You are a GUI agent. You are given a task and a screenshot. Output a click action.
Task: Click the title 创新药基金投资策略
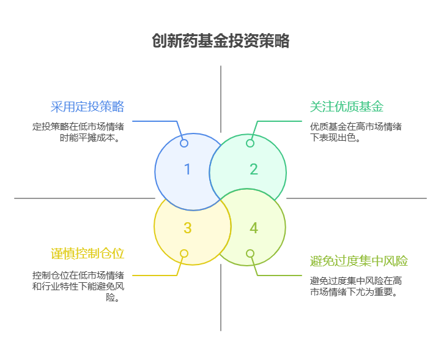220,41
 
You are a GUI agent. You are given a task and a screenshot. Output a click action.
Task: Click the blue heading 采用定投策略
87,107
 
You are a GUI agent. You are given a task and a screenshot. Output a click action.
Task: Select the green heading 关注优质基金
347,107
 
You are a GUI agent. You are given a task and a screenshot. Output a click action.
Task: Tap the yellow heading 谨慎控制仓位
87,253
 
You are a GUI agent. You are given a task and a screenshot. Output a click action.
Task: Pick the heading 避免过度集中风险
359,261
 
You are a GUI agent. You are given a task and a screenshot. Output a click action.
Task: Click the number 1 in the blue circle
187,169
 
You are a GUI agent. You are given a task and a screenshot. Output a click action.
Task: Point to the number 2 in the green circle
254,169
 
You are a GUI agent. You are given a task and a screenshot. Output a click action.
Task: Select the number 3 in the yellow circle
187,228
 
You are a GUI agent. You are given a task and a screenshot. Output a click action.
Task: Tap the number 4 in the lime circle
254,228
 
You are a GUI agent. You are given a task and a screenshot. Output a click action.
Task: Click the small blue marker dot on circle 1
184,143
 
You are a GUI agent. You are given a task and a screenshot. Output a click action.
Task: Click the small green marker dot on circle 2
250,143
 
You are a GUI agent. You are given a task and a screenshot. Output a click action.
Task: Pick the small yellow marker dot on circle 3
184,253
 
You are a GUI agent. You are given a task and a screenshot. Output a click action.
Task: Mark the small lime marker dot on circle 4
250,253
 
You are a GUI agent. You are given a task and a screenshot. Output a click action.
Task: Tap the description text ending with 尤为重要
356,286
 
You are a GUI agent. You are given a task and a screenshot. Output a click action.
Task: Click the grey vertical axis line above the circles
221,98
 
